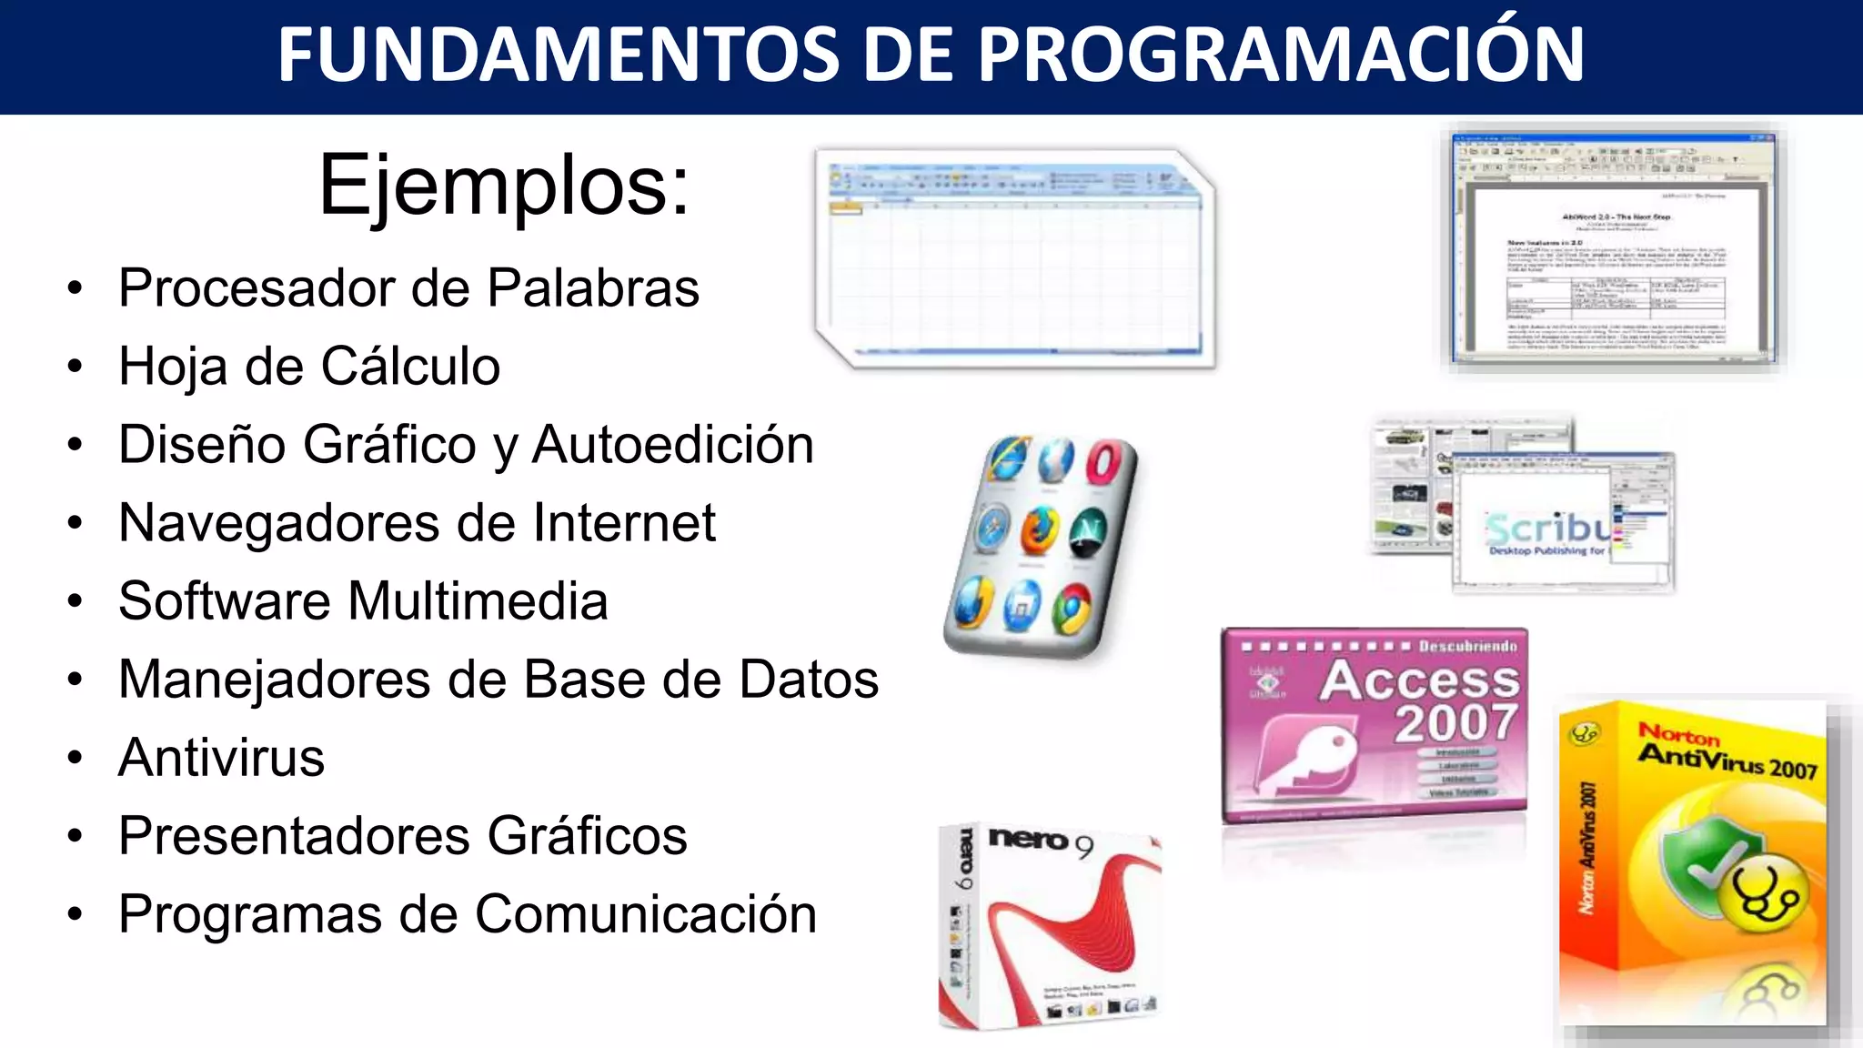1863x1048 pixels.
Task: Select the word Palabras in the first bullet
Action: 593,288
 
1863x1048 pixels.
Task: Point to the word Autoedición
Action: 672,445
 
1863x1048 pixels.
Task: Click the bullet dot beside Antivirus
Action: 75,758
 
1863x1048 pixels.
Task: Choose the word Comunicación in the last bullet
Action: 645,914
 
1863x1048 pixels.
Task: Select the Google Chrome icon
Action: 1073,607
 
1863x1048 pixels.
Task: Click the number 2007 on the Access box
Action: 1455,723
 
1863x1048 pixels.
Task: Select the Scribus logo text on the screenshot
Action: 1546,528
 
